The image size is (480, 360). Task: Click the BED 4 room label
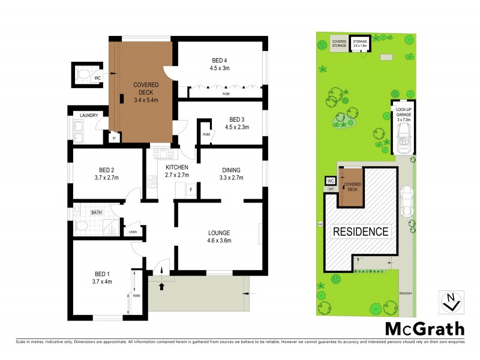(219, 60)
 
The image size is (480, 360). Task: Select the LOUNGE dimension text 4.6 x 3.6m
(219, 241)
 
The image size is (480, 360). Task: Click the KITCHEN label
(177, 167)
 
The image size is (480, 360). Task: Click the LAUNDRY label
(89, 115)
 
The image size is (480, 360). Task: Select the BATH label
(96, 212)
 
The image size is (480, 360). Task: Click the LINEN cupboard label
(133, 232)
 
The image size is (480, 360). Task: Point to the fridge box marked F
(191, 190)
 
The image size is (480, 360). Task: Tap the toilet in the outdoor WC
(85, 74)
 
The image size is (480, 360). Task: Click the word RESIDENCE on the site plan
(361, 231)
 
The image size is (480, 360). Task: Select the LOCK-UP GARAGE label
(403, 113)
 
